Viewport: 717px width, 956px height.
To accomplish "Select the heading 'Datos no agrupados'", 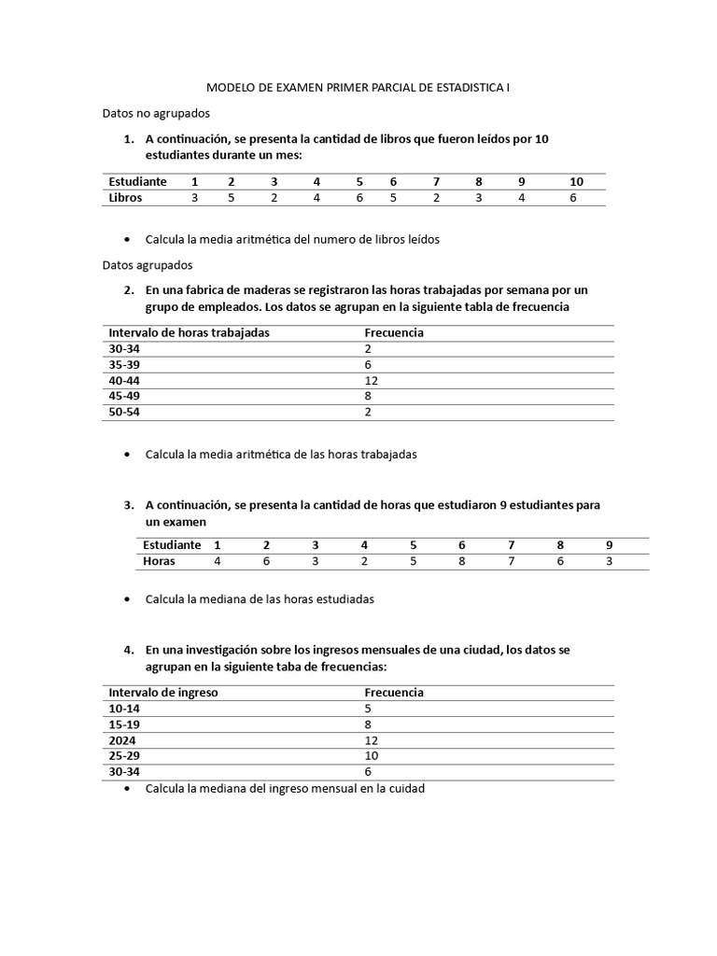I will click(156, 113).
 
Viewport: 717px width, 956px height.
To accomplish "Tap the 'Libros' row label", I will click(127, 198).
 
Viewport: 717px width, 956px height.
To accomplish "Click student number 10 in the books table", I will click(576, 181).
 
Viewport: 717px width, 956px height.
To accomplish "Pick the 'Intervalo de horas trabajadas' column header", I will click(189, 332).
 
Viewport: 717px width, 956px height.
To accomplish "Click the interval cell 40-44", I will click(124, 380).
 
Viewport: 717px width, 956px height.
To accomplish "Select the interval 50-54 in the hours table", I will click(124, 412).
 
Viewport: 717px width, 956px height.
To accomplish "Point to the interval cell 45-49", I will click(124, 396).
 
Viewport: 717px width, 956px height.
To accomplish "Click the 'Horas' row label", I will click(159, 561).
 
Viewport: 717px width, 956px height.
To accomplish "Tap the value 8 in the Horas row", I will click(461, 561).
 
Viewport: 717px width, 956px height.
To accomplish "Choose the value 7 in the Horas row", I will click(511, 561).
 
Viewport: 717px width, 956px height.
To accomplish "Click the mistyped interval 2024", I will click(122, 740).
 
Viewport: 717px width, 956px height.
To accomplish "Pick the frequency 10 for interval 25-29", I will click(371, 756).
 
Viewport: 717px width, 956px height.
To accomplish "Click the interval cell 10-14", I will click(124, 709).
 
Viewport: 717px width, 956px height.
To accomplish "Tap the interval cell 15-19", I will click(124, 724).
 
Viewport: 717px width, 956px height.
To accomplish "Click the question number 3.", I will click(129, 505).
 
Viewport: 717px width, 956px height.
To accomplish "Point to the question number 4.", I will click(129, 649).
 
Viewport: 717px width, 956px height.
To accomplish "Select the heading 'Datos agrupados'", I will click(147, 265).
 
